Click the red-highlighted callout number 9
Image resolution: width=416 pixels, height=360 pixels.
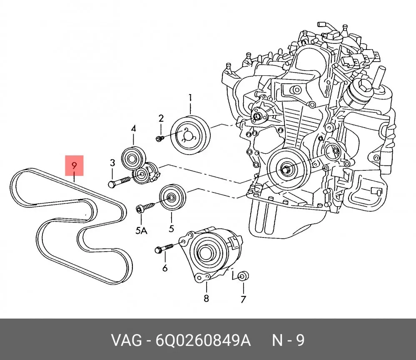coord(74,166)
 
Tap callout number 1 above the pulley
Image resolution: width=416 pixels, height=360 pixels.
coord(190,98)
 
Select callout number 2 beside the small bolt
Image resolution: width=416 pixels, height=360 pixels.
coord(161,118)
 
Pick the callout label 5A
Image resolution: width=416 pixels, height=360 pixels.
coord(142,230)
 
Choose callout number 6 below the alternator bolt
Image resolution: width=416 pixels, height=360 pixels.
coord(165,268)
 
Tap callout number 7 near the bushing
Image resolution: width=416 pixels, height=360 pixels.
coord(243,299)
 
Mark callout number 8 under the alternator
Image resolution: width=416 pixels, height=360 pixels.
coord(206,298)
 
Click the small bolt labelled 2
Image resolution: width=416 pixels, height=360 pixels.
coord(159,138)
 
